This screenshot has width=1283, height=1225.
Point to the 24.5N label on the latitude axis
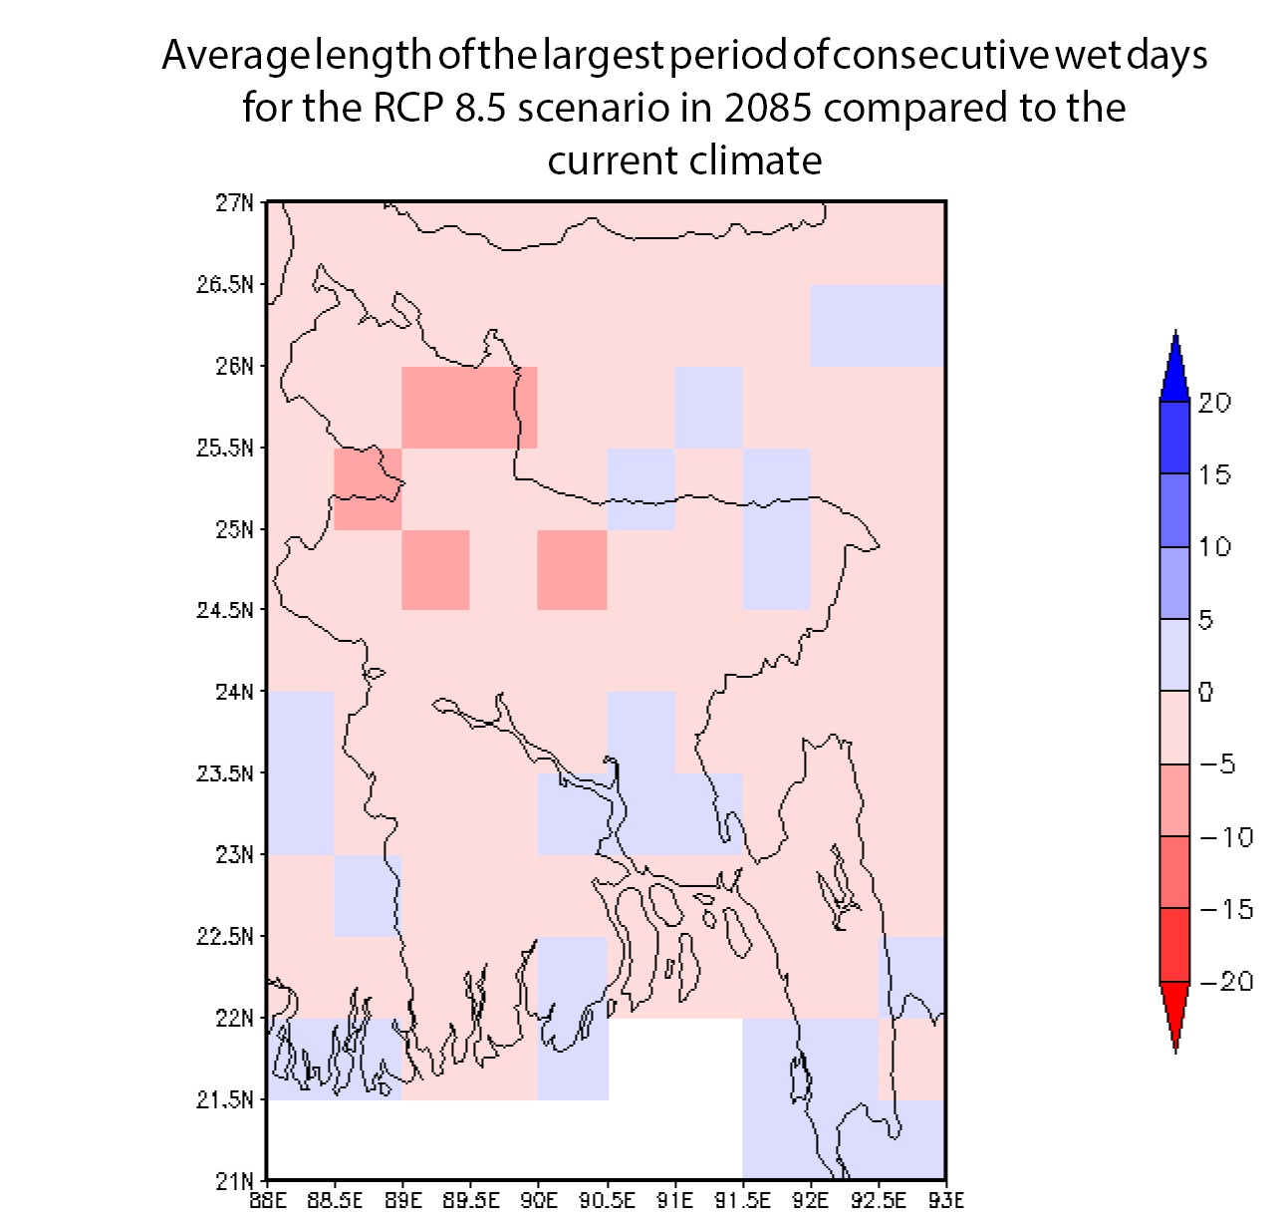coord(224,610)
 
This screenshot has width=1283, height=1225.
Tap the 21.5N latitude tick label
coord(224,1099)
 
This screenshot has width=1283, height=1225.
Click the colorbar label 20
coord(1214,403)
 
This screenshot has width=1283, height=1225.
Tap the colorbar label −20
coord(1226,982)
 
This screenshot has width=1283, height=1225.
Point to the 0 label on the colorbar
coord(1205,692)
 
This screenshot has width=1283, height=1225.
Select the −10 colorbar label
coord(1226,837)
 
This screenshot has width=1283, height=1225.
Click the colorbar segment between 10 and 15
coord(1175,510)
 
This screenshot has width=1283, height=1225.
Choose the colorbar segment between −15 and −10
coord(1175,872)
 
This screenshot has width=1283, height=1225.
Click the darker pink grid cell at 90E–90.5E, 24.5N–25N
coord(572,569)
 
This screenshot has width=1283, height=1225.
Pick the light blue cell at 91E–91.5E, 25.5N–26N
coord(708,407)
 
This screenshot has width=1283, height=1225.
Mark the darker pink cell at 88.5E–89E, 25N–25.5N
coord(368,488)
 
